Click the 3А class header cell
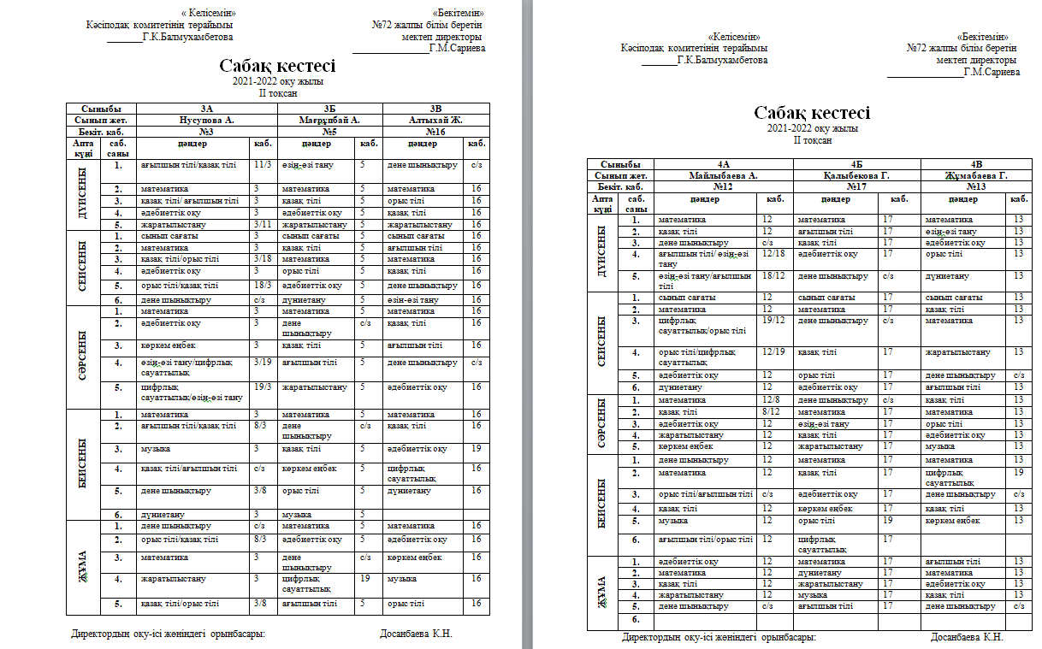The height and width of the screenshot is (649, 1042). point(205,109)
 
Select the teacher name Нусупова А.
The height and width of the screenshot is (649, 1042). point(205,121)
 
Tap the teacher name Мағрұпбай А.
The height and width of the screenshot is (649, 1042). point(329,121)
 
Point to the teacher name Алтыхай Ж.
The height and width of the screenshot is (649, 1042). point(436,121)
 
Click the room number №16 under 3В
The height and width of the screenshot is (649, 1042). point(436,132)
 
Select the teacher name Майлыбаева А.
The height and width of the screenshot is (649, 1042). point(724,175)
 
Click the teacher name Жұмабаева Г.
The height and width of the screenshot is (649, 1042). point(975,175)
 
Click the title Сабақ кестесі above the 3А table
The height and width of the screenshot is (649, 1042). point(278,67)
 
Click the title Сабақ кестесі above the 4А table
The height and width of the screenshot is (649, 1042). point(812,114)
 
